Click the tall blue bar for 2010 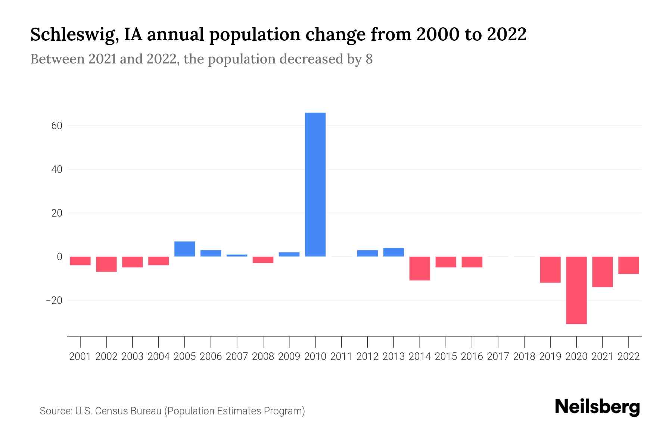[315, 184]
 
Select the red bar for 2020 [576, 290]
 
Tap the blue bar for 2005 [185, 249]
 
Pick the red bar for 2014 [420, 268]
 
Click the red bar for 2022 [628, 265]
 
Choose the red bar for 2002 [106, 264]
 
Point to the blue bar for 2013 [393, 252]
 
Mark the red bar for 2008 [263, 260]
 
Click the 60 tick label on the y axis [57, 126]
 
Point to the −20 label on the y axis [54, 300]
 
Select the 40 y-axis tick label [57, 169]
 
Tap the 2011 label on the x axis [341, 357]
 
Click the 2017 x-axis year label [498, 357]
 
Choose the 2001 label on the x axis [80, 357]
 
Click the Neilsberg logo [597, 407]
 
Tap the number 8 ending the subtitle [369, 59]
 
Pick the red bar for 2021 [602, 272]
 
